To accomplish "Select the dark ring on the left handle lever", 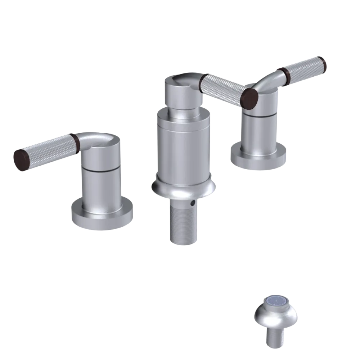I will click(76, 143).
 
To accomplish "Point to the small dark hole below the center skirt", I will click(194, 203).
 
